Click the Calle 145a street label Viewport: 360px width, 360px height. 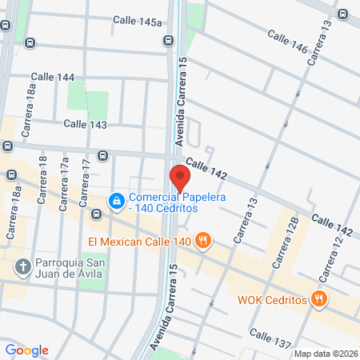[138, 22]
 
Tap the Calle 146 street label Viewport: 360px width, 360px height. [287, 42]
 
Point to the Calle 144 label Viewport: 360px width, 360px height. [55, 78]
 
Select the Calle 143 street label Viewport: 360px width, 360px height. [86, 124]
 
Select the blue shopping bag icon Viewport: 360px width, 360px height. [117, 200]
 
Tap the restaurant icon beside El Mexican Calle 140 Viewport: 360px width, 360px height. [204, 239]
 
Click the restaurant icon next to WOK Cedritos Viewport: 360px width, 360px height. [319, 299]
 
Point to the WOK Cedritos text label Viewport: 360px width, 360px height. [272, 300]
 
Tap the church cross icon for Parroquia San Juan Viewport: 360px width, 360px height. [24, 266]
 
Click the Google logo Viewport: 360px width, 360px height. [26, 350]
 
